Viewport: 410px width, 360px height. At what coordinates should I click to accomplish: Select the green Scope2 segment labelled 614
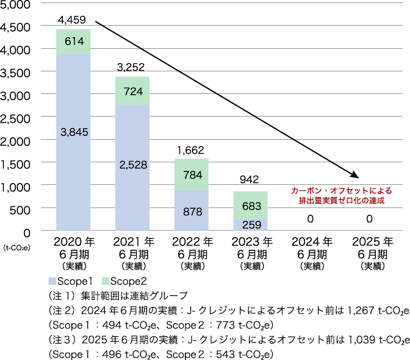73,41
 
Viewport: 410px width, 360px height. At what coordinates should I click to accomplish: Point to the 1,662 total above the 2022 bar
192,149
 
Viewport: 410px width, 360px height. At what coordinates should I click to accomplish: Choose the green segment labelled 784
192,175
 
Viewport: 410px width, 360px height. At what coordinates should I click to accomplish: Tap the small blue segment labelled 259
250,224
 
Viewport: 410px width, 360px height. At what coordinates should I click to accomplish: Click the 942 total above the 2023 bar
250,180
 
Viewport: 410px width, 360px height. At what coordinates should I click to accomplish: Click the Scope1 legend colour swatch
52,281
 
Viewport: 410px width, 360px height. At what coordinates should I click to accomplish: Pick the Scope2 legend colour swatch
105,281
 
